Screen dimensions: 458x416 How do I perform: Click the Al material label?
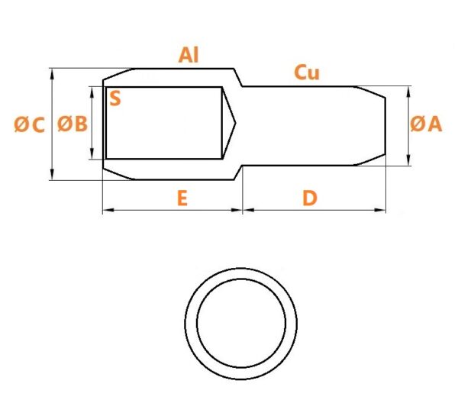(189, 55)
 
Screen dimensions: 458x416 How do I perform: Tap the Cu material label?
(307, 73)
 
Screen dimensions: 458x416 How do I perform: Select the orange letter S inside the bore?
(115, 98)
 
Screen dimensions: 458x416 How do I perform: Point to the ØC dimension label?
(29, 124)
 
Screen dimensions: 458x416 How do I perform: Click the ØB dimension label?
(73, 124)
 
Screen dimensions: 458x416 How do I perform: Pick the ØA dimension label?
(426, 124)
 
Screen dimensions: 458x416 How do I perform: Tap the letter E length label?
(182, 198)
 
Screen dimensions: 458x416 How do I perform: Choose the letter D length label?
(310, 198)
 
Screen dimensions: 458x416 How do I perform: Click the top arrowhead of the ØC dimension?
(52, 75)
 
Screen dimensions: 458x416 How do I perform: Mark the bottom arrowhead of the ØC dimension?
(52, 174)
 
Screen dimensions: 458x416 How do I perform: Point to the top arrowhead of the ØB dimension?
(92, 92)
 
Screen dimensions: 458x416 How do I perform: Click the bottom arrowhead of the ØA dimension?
(408, 160)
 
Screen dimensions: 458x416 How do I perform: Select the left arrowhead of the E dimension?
(108, 210)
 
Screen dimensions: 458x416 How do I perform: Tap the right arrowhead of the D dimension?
(380, 210)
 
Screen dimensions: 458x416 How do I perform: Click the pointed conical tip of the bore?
(235, 123)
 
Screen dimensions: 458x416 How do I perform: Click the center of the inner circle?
(241, 323)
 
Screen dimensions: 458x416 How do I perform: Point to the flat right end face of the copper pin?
(385, 126)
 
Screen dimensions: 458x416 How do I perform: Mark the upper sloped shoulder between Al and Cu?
(238, 78)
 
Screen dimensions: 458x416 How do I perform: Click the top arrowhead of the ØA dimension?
(408, 92)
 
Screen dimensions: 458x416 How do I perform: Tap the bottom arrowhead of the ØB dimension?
(92, 153)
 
